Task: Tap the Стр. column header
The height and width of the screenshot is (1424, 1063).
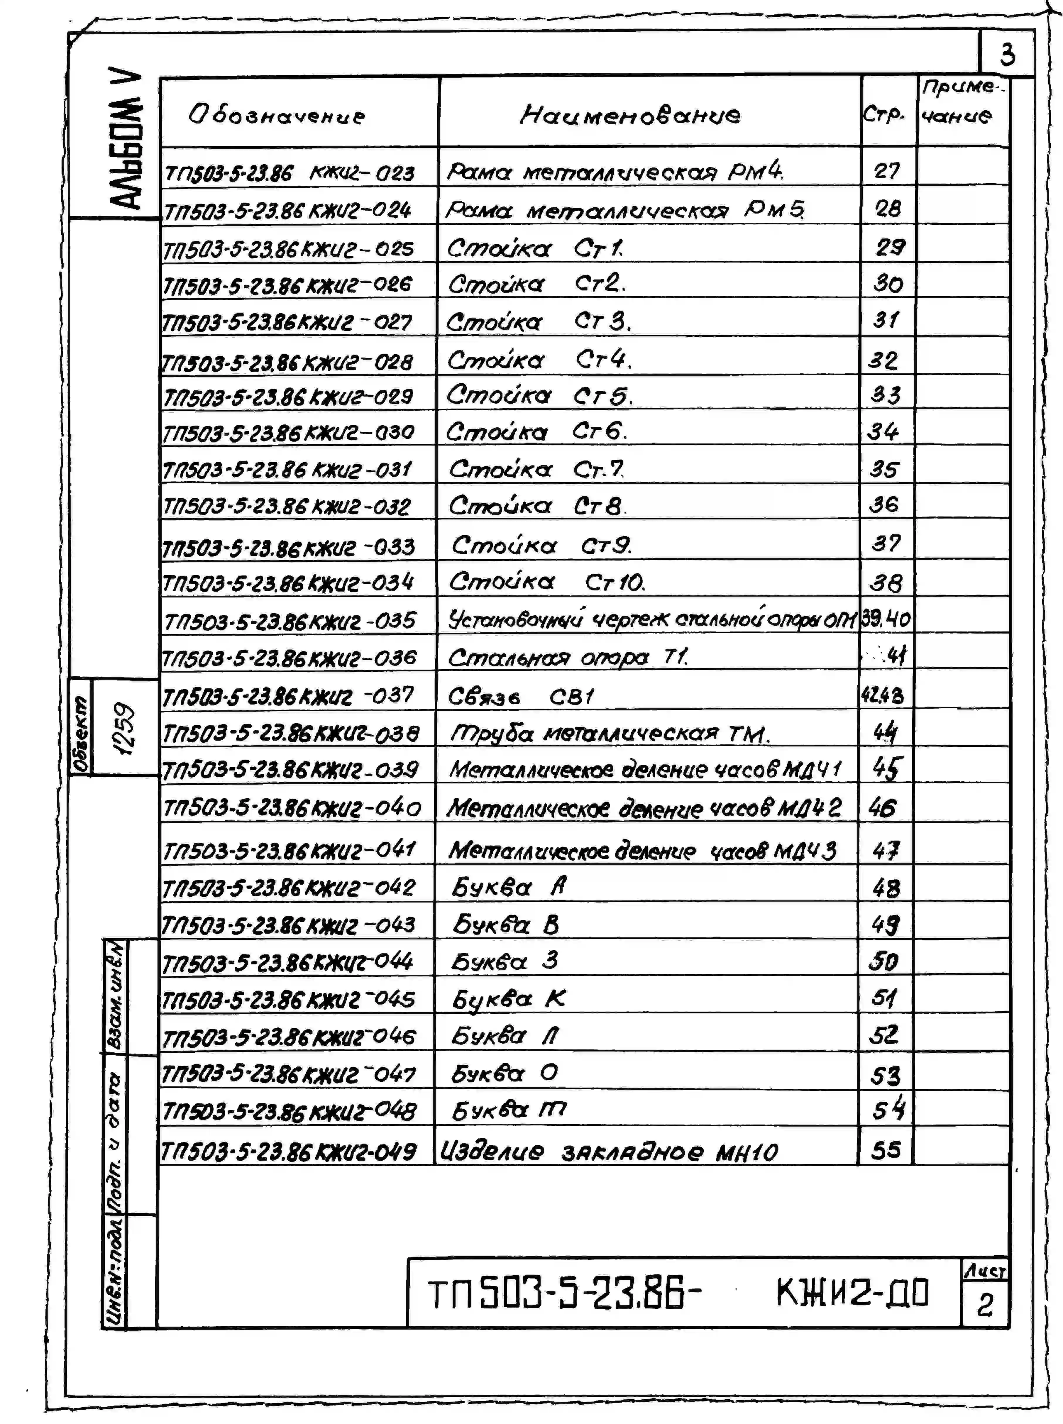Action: [x=884, y=115]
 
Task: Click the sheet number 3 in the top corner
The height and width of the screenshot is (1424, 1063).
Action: [x=1007, y=55]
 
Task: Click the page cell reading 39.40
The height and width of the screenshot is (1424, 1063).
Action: [x=886, y=619]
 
